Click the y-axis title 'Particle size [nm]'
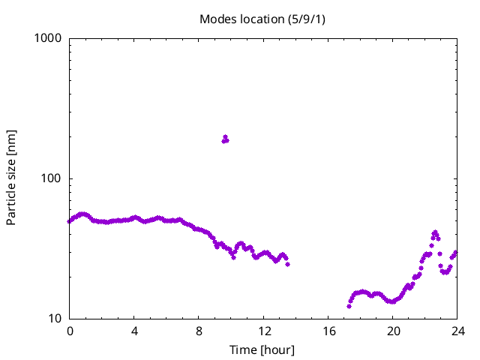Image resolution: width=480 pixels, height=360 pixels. click(x=11, y=178)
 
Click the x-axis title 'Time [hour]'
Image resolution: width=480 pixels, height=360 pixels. click(x=262, y=349)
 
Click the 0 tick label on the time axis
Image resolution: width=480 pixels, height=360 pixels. click(x=70, y=331)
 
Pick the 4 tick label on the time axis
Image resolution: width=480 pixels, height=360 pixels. click(x=134, y=331)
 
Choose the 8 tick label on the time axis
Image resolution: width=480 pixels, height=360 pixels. click(x=199, y=331)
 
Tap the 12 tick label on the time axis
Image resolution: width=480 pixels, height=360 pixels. click(x=264, y=331)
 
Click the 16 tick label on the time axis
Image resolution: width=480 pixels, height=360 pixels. click(x=328, y=331)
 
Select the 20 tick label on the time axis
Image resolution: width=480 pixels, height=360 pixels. click(x=394, y=331)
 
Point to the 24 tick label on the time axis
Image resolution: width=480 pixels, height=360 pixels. click(x=458, y=331)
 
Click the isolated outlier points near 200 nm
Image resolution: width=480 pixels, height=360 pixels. click(x=225, y=139)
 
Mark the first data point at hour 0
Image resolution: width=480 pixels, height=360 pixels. click(x=70, y=221)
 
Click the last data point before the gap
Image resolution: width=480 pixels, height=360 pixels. click(x=287, y=264)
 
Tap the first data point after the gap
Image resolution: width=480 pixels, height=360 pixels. click(x=349, y=306)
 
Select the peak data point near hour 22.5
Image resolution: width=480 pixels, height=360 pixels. click(x=435, y=232)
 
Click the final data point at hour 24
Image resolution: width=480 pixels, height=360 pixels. click(x=455, y=253)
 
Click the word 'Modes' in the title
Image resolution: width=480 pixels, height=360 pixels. click(x=215, y=19)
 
